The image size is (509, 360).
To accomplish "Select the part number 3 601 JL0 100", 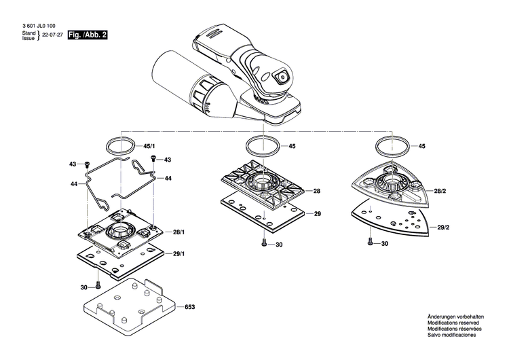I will pyautogui.click(x=39, y=26).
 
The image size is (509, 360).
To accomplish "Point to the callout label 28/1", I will pyautogui.click(x=178, y=233).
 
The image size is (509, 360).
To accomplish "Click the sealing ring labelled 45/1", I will pyautogui.click(x=120, y=146).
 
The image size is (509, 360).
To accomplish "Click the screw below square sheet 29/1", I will pyautogui.click(x=99, y=286).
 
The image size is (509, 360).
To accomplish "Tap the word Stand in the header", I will pyautogui.click(x=29, y=33).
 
